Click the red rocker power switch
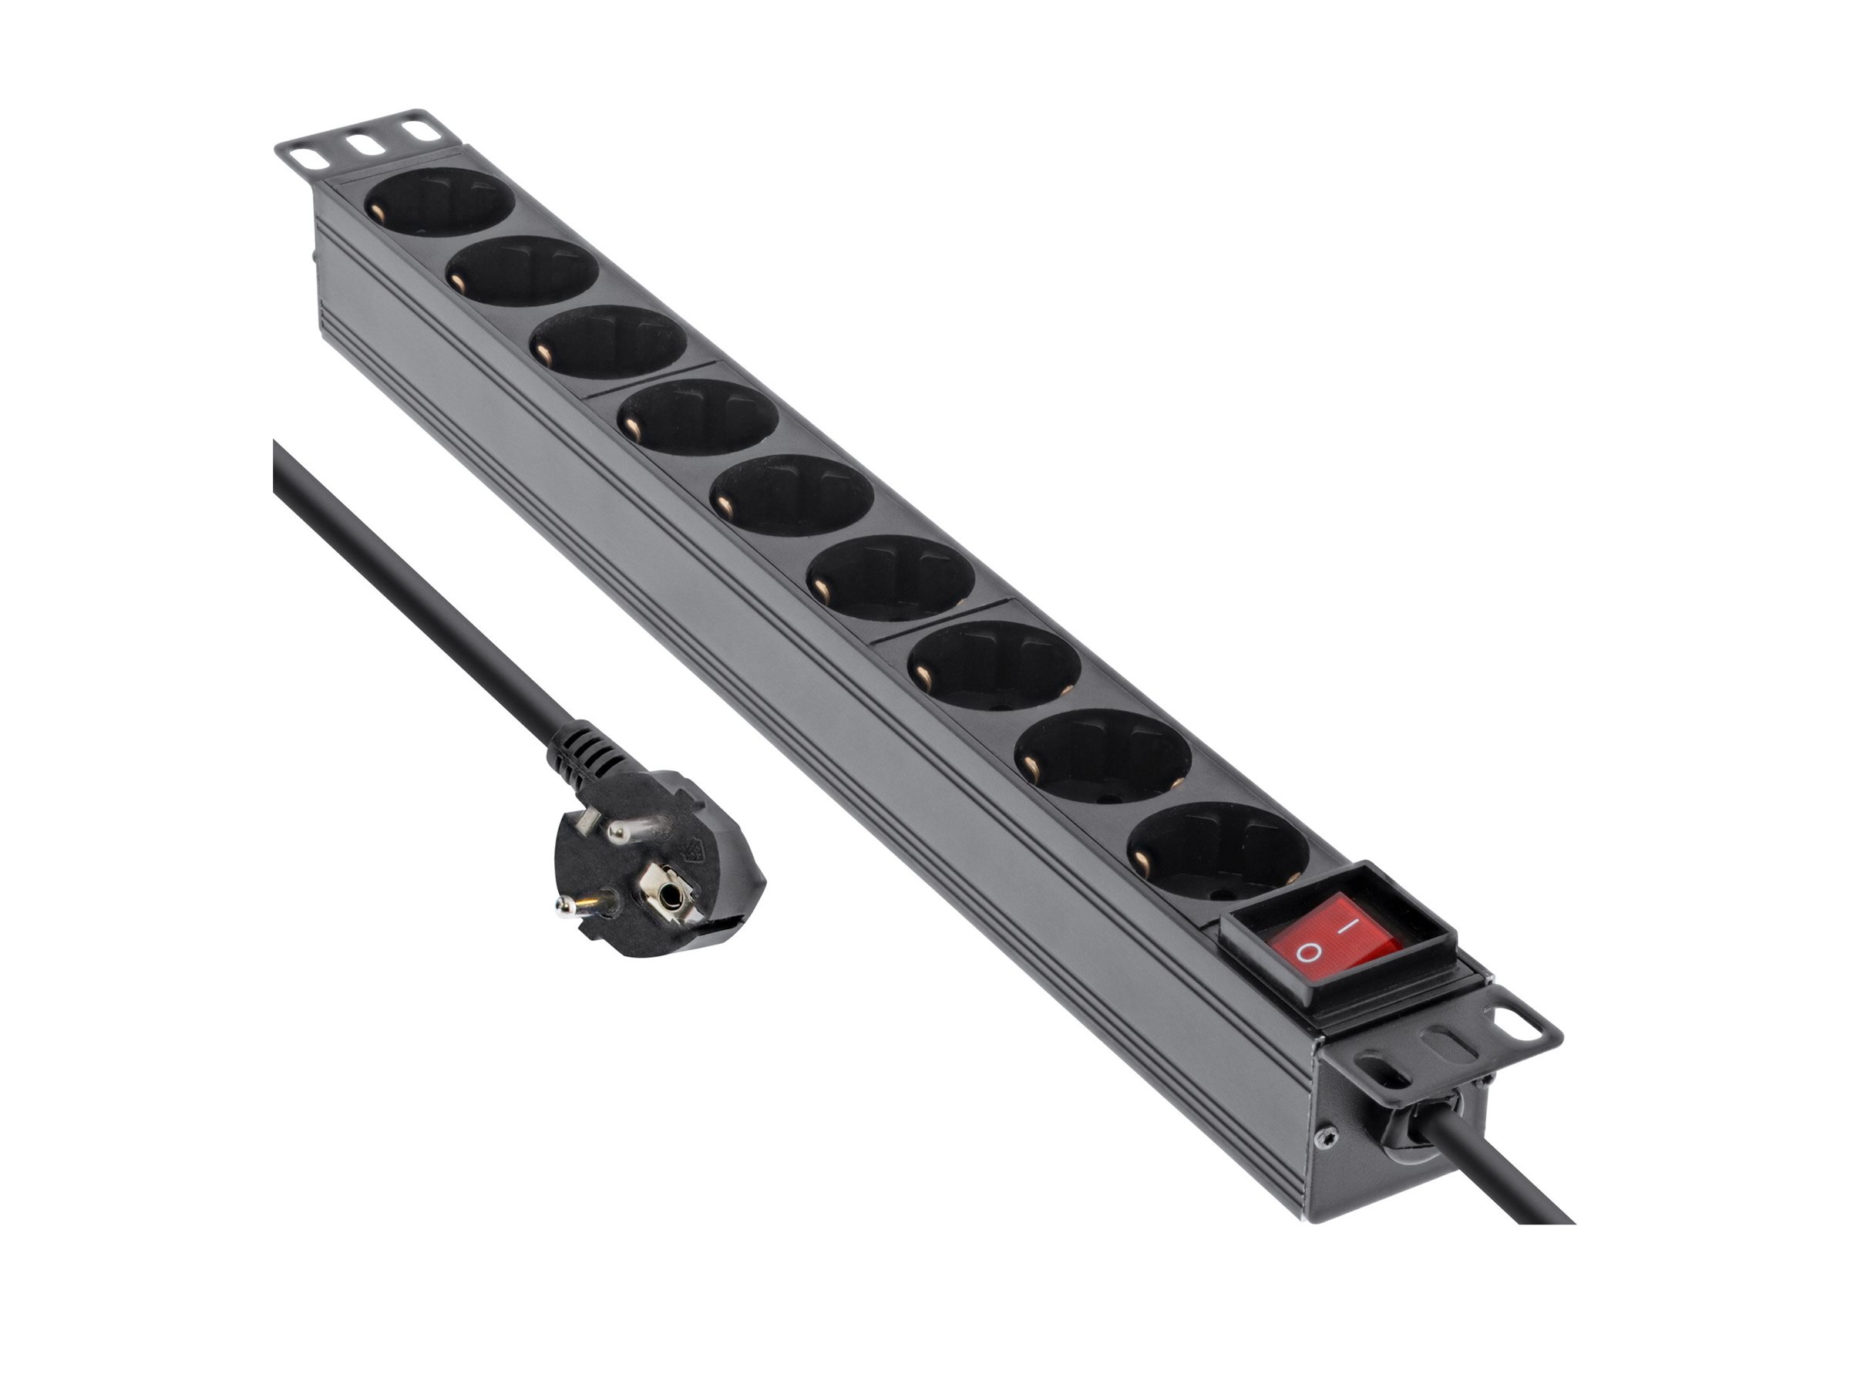(1339, 937)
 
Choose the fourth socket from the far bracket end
(698, 416)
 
